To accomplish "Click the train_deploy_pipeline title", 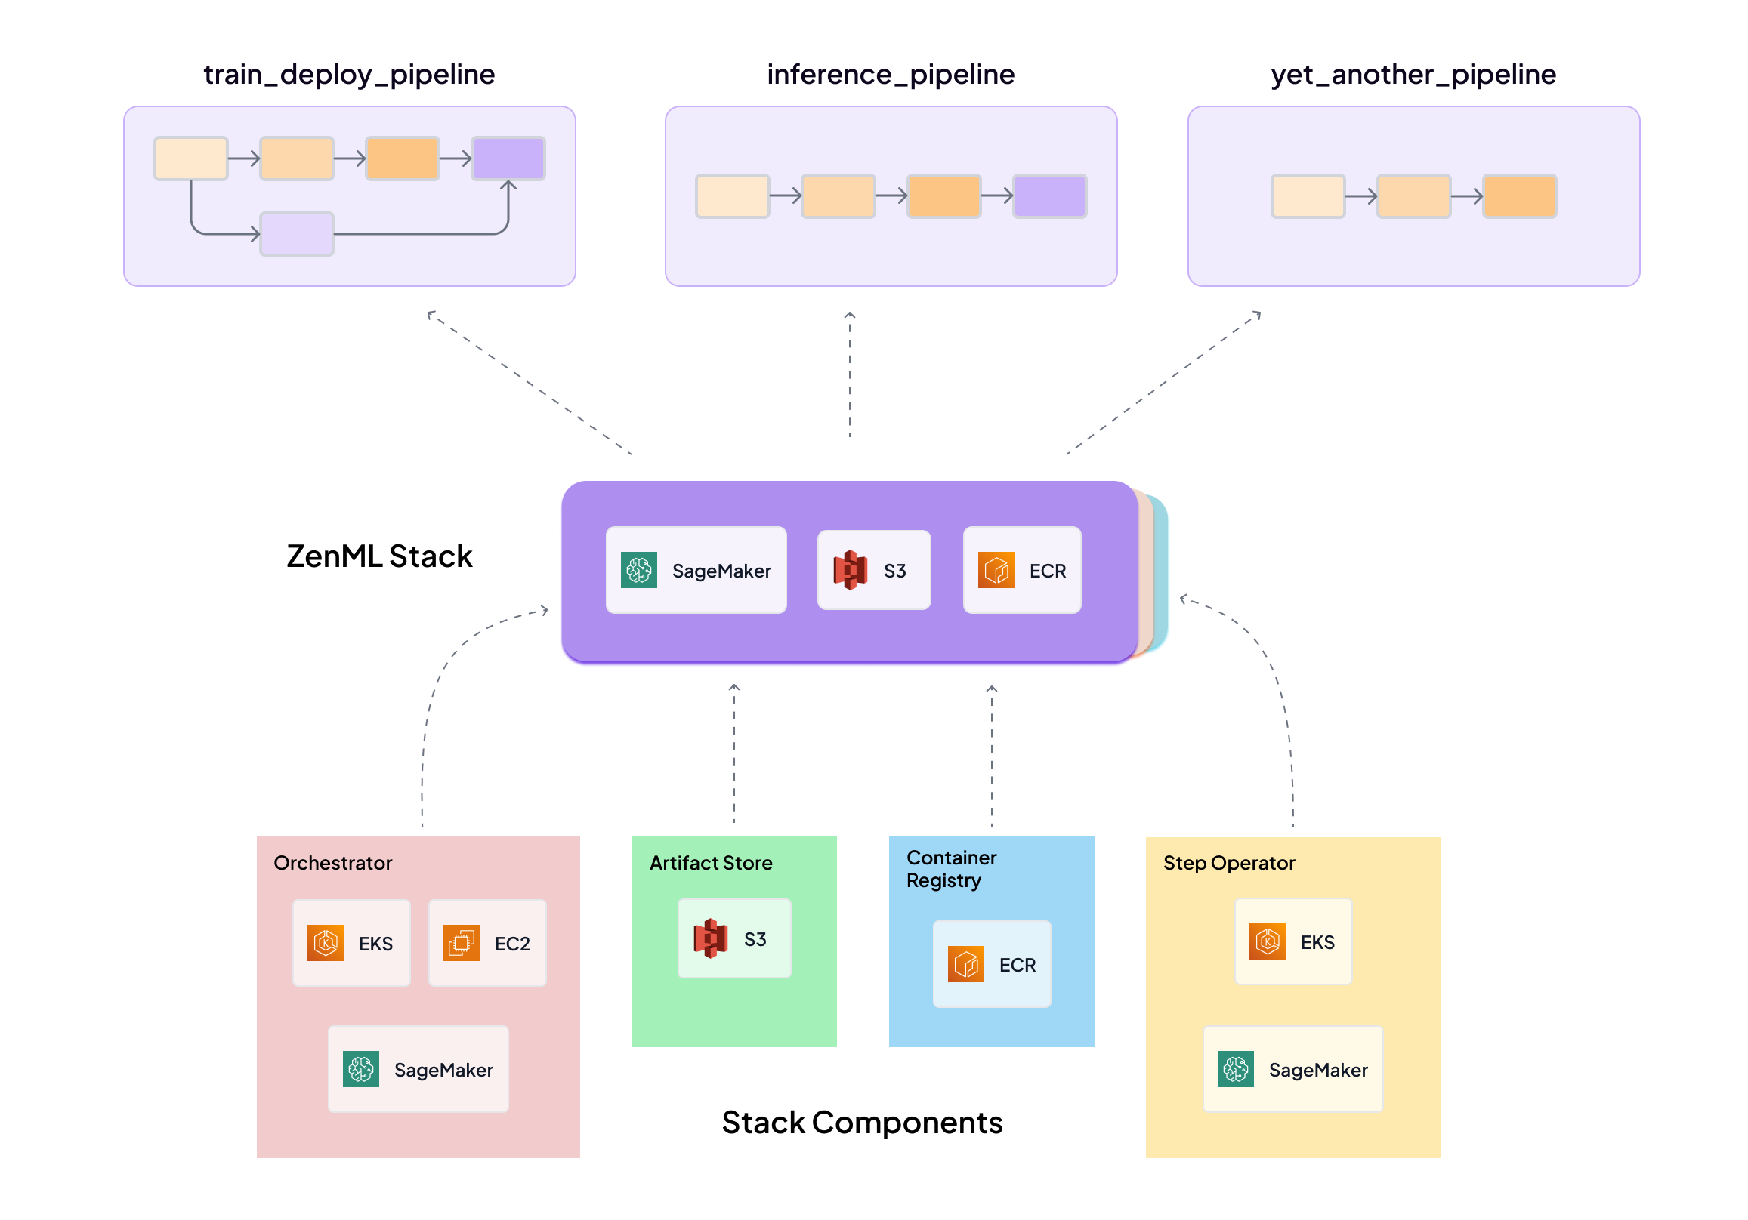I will (x=349, y=75).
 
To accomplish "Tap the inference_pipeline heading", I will (x=890, y=75).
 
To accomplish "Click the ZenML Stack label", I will (x=378, y=556).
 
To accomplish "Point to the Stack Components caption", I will (x=861, y=1122).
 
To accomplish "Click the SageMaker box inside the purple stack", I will (x=695, y=570).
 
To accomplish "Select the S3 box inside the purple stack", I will (x=873, y=570).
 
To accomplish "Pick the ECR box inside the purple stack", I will (x=1021, y=570).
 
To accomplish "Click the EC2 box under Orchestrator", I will (x=486, y=943).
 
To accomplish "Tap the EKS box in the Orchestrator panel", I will (x=351, y=943).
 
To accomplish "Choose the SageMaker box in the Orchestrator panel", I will (x=418, y=1068).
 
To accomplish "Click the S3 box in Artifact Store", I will (x=733, y=938).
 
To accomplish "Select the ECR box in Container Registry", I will (x=991, y=964).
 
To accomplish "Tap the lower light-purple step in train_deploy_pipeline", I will (x=296, y=233).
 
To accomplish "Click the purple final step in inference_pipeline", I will (x=1049, y=196).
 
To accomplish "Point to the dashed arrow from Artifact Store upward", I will (x=733, y=753).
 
